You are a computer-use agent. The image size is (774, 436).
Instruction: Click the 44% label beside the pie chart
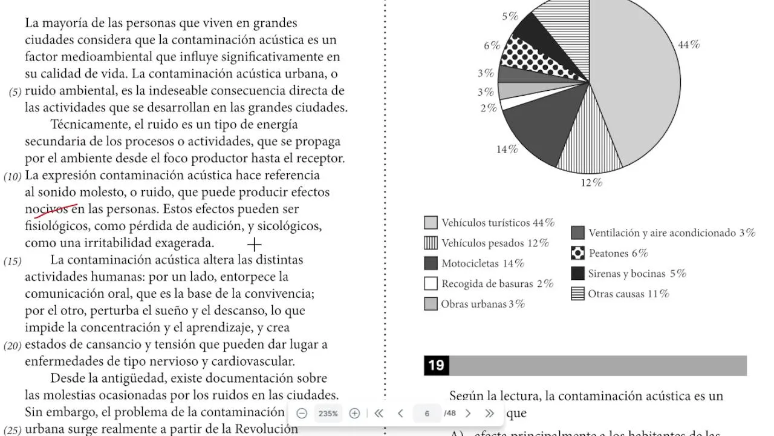pyautogui.click(x=688, y=45)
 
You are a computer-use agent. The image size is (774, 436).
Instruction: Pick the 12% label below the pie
pyautogui.click(x=591, y=182)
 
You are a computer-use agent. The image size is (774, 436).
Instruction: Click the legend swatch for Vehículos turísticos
pyautogui.click(x=431, y=222)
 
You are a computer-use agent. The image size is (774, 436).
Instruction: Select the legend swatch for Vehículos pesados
pyautogui.click(x=431, y=243)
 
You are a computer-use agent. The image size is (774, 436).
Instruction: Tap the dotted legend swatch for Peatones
pyautogui.click(x=577, y=253)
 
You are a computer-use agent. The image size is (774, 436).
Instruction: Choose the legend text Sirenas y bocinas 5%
pyautogui.click(x=637, y=274)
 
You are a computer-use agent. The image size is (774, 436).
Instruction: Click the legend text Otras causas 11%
pyautogui.click(x=628, y=294)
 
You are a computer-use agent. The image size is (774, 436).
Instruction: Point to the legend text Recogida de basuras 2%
pyautogui.click(x=497, y=284)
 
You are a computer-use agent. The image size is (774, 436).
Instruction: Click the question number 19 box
pyautogui.click(x=436, y=365)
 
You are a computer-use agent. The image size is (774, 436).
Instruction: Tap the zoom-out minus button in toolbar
pyautogui.click(x=302, y=414)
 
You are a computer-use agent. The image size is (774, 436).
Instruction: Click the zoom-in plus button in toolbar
pyautogui.click(x=355, y=414)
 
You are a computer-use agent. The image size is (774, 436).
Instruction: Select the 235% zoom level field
pyautogui.click(x=328, y=414)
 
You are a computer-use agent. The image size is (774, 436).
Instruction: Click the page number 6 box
pyautogui.click(x=427, y=414)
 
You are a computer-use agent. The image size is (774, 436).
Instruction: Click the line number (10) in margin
pyautogui.click(x=13, y=177)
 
